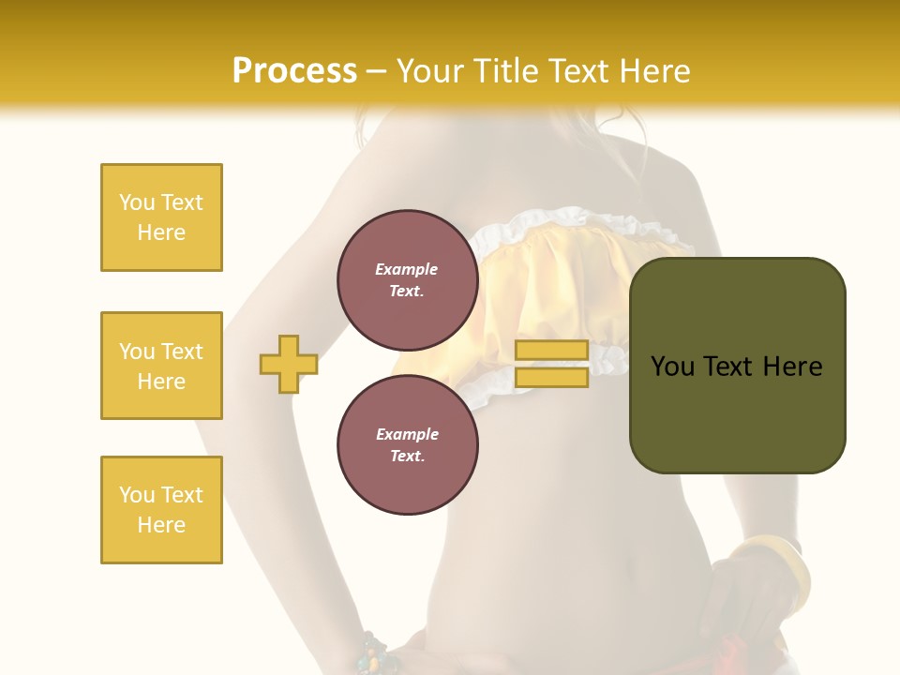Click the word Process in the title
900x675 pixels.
294,71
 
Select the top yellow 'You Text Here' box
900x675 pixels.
161,217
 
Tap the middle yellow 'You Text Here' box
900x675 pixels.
161,366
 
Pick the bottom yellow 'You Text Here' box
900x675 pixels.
161,510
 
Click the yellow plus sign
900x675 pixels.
289,364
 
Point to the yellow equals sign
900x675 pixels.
551,364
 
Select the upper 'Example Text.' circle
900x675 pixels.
407,279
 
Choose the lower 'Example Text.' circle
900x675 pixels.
407,444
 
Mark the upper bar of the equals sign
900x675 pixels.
551,350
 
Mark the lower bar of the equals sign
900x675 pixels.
551,378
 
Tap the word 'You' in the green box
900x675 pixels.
674,367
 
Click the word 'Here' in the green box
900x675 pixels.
793,367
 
